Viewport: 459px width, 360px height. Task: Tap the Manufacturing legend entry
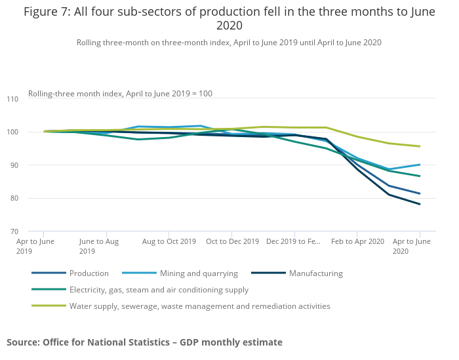[x=315, y=273]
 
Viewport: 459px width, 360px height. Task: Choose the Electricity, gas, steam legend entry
[x=159, y=290]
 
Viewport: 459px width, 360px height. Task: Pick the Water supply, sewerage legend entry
[x=199, y=306]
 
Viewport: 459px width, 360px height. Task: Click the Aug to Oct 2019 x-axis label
[x=169, y=241]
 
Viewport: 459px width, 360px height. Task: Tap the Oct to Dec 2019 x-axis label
[x=232, y=241]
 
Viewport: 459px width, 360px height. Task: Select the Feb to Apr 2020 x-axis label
[x=357, y=241]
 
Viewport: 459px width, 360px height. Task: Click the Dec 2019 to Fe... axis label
[x=294, y=241]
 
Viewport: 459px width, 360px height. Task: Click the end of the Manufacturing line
[x=420, y=204]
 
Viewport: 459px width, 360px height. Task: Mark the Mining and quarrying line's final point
[x=420, y=165]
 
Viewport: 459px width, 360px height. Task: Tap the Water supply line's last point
[x=420, y=146]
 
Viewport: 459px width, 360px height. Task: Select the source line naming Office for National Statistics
[x=144, y=342]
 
